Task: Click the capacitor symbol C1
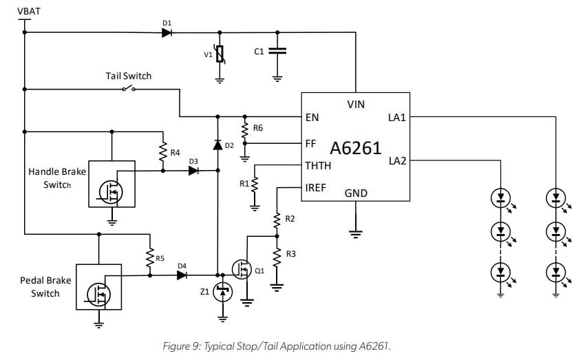pyautogui.click(x=277, y=52)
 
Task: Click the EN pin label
pyautogui.click(x=312, y=117)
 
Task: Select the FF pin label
pyautogui.click(x=311, y=144)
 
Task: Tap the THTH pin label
pyautogui.click(x=318, y=165)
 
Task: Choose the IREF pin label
pyautogui.click(x=316, y=187)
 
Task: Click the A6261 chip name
pyautogui.click(x=355, y=148)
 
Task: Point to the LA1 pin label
pyautogui.click(x=397, y=117)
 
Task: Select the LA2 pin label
pyautogui.click(x=397, y=160)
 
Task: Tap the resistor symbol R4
pyautogui.click(x=164, y=153)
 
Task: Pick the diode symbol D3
pyautogui.click(x=193, y=171)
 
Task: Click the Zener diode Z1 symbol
pyautogui.click(x=222, y=293)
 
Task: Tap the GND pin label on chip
pyautogui.click(x=356, y=193)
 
